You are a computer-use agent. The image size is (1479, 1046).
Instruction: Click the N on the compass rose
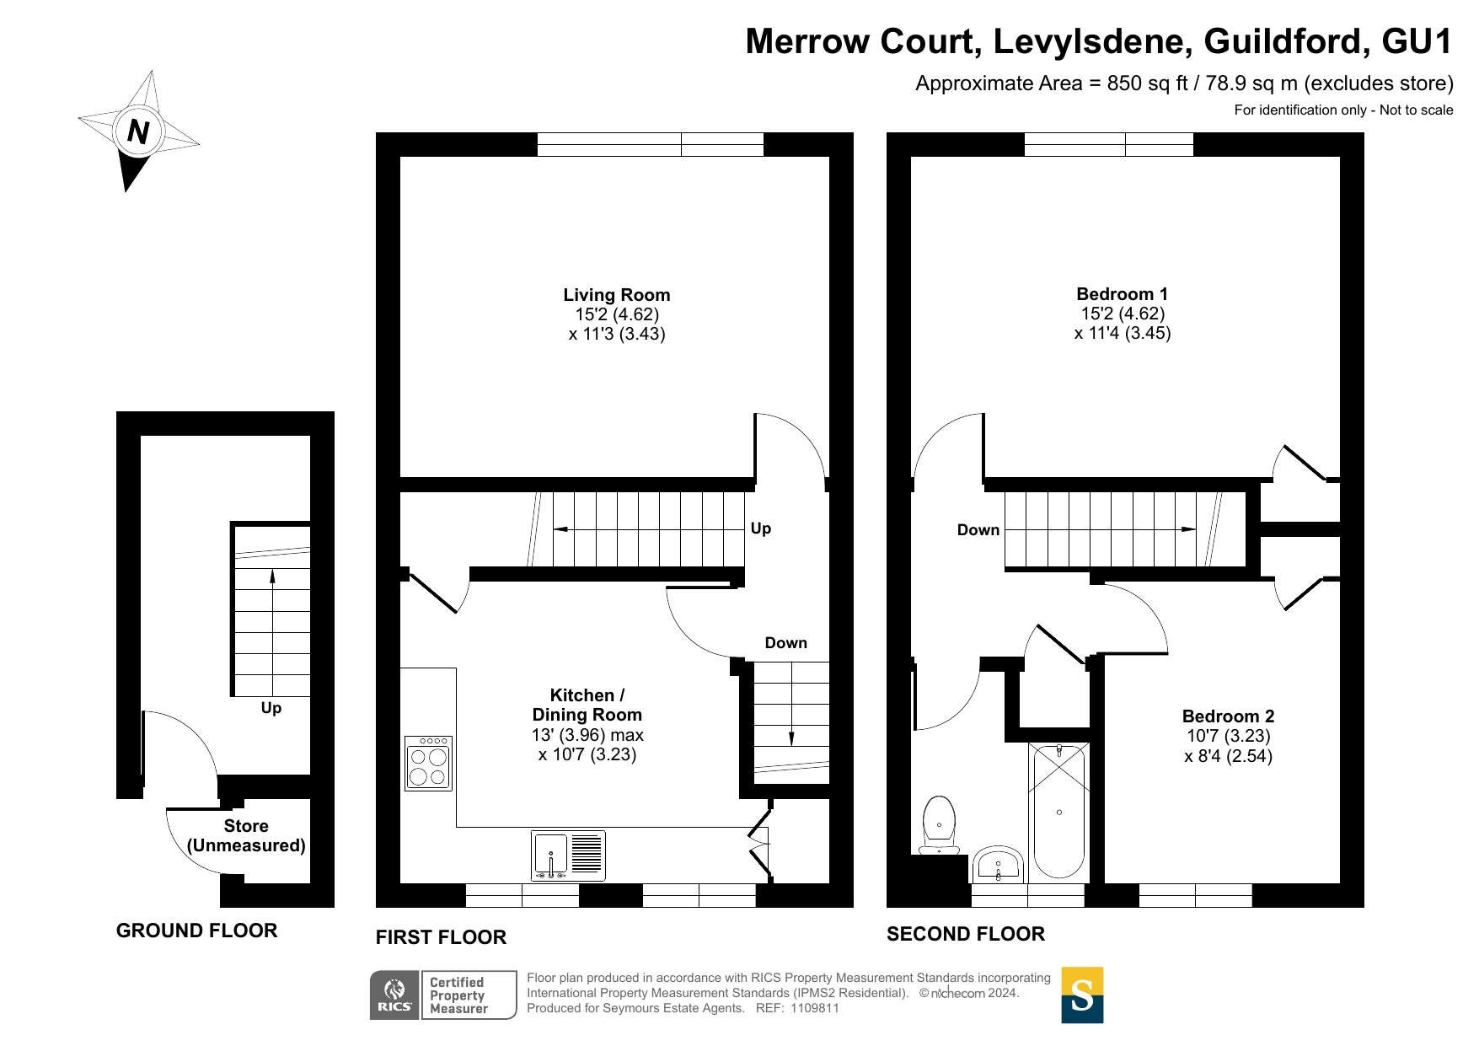pos(138,131)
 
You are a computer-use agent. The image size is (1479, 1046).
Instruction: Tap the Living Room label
pos(617,295)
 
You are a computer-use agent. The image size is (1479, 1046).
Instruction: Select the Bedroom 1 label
pos(1123,294)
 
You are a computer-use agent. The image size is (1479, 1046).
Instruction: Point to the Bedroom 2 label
pos(1228,716)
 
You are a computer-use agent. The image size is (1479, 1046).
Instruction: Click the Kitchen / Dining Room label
pos(587,705)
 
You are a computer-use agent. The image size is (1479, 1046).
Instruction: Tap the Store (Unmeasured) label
pos(246,836)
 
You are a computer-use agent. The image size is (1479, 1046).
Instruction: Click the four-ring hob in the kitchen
pos(429,764)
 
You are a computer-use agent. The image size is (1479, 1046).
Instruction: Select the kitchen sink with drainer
pos(568,856)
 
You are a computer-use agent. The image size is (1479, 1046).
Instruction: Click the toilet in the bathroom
pos(939,825)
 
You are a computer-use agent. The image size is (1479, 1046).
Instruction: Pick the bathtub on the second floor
pos(1058,811)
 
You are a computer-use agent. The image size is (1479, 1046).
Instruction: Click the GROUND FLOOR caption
pos(197,931)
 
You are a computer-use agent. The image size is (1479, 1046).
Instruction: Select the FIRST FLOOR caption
pos(441,937)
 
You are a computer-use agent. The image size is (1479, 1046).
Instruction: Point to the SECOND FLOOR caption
pos(966,934)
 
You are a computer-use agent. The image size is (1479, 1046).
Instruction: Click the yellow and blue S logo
pos(1082,995)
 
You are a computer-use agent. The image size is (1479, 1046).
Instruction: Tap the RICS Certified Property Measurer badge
pos(443,995)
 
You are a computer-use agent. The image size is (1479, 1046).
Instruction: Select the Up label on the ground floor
pos(271,708)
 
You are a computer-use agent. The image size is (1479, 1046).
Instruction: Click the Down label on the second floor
pos(978,530)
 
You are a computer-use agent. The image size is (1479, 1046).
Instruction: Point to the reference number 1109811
pos(815,1008)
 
